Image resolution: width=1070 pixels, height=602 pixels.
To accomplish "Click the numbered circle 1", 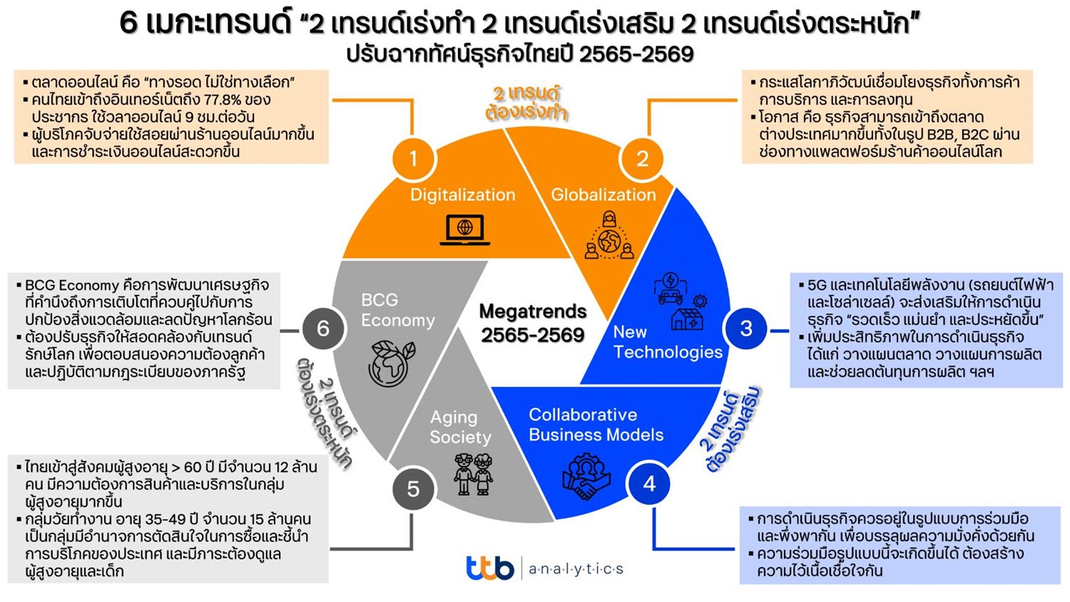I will click(x=413, y=158).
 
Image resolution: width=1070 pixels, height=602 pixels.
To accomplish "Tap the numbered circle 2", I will click(x=642, y=158).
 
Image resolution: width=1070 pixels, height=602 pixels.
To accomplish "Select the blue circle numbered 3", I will click(x=745, y=328).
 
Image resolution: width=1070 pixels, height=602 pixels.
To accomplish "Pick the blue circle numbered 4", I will click(x=648, y=484).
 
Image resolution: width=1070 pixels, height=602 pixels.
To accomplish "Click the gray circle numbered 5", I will click(x=413, y=489).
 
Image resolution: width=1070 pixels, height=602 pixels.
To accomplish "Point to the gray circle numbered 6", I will click(x=322, y=328).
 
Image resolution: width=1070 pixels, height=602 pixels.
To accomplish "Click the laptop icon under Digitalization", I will click(x=464, y=229).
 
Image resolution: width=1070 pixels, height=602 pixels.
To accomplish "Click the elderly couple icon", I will click(x=474, y=474).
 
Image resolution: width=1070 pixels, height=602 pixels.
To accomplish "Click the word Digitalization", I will click(x=462, y=195).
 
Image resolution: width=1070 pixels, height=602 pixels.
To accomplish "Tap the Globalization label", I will click(x=603, y=195).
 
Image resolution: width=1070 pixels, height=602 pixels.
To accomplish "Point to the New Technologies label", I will click(x=667, y=342).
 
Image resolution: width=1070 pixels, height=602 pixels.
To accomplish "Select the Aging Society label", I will click(x=460, y=427).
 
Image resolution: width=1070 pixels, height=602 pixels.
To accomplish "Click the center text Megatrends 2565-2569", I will click(x=533, y=322).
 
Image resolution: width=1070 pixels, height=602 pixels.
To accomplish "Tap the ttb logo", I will click(x=489, y=568).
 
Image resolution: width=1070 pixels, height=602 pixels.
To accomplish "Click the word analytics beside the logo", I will click(x=576, y=568).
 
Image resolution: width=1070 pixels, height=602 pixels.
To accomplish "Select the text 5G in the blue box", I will click(x=817, y=285).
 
